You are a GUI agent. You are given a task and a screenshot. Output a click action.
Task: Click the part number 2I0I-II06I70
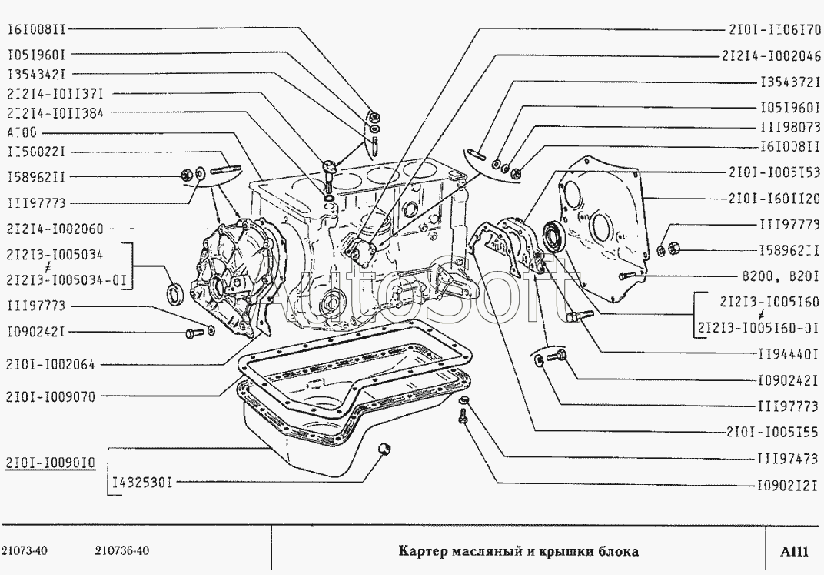tap(774, 30)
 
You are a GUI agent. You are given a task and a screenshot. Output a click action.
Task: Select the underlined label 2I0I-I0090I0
tap(51, 463)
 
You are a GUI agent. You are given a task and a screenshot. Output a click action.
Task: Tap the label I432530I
tap(142, 482)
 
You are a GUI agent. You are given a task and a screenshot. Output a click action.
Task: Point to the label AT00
tap(22, 132)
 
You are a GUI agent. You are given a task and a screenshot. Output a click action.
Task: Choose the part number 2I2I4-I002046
tap(771, 55)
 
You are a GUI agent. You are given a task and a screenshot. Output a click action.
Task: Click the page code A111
tap(794, 551)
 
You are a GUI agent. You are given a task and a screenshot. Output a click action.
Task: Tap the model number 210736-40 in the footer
tap(122, 551)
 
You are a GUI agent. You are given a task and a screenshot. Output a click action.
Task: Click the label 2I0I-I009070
tap(51, 396)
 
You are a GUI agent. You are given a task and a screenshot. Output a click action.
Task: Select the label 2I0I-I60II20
tap(774, 199)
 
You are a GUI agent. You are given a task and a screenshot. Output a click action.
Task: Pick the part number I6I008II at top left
tap(36, 29)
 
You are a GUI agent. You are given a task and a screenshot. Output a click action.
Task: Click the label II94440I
tap(789, 354)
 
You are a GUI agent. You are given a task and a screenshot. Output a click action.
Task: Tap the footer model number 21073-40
tap(25, 551)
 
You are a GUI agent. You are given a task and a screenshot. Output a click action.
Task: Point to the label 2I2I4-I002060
tap(55, 229)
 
